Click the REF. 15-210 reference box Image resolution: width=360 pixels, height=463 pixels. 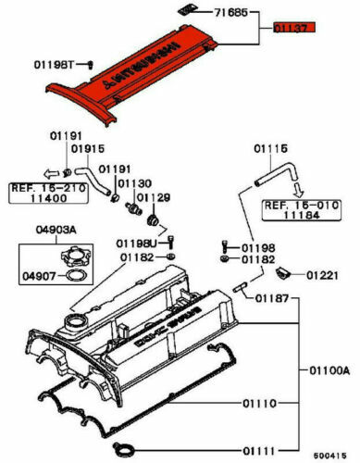(x=45, y=193)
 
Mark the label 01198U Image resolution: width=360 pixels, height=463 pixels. (x=136, y=242)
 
